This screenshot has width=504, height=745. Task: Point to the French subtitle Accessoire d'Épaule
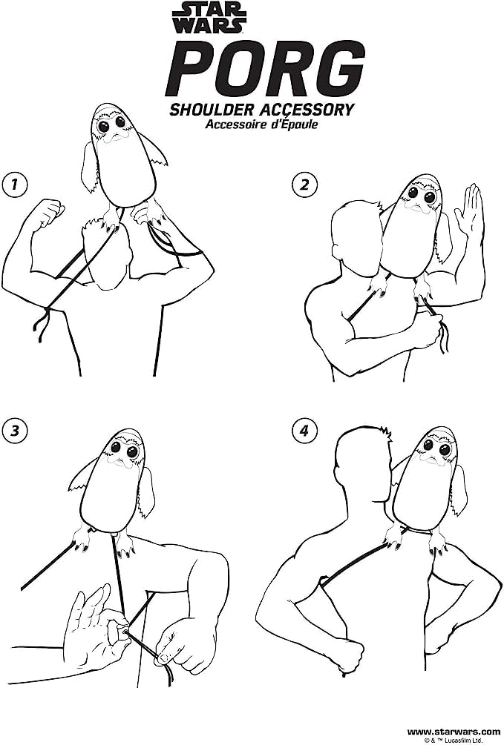(x=261, y=125)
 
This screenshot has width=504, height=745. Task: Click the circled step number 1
(x=14, y=184)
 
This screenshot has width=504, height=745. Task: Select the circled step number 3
(x=14, y=431)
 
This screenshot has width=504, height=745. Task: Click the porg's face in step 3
(x=122, y=451)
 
